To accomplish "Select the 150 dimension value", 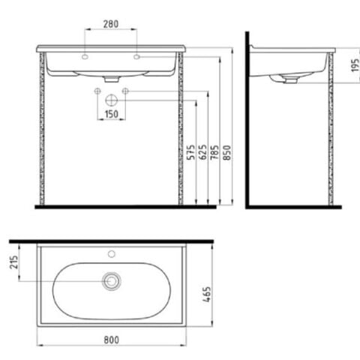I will coord(111,113).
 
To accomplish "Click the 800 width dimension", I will coord(112,338).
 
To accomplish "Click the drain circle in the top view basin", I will coord(112,281).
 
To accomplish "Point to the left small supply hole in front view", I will coord(97,91).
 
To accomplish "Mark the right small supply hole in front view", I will coord(125,91).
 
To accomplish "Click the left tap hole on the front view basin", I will coord(86,57).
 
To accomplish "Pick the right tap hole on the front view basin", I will coord(136,57).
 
